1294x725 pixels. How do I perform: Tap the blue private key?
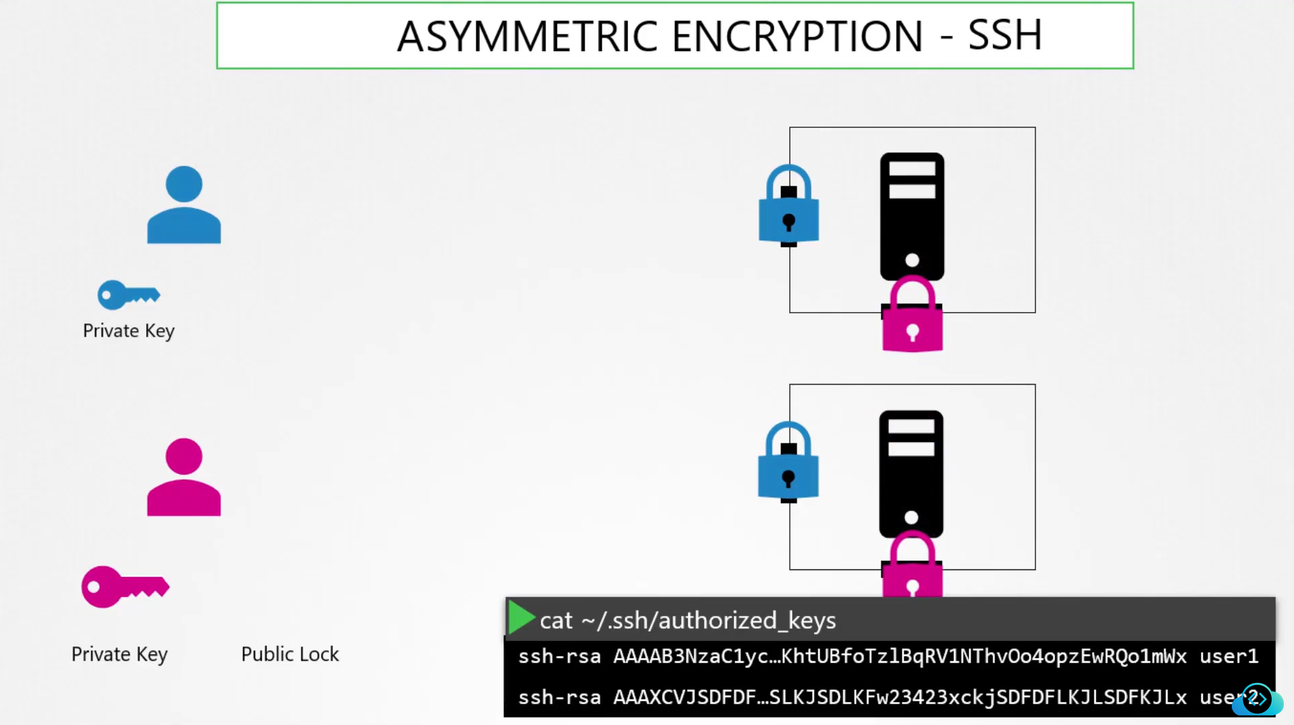point(128,294)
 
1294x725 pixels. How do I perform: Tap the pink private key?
point(125,587)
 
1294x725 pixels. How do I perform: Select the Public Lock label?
point(290,654)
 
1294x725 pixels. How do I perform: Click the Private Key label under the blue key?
point(129,330)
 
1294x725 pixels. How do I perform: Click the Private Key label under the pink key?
point(119,654)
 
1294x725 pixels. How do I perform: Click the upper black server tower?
point(912,216)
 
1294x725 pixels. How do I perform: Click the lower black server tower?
point(911,473)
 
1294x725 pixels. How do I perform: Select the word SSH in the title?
point(1004,35)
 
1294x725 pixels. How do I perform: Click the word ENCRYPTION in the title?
point(797,37)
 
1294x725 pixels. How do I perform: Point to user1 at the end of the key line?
point(1228,656)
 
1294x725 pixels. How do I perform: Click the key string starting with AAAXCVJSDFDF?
point(899,697)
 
